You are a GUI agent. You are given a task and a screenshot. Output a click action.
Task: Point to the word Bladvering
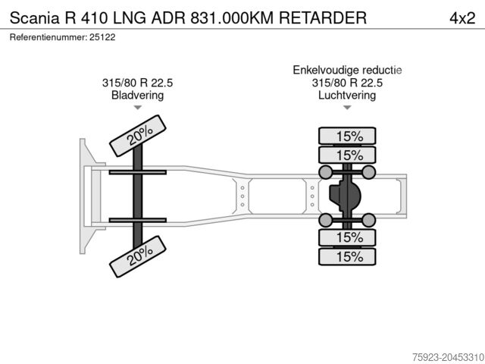(x=137, y=96)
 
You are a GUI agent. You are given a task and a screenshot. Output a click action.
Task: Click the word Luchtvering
(x=347, y=96)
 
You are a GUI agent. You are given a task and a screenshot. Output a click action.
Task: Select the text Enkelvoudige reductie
(x=347, y=71)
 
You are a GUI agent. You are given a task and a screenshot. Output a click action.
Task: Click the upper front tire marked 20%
(x=138, y=136)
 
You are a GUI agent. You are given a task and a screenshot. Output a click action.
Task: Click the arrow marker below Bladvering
(x=137, y=108)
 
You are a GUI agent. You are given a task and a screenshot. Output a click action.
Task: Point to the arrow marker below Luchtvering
(x=347, y=108)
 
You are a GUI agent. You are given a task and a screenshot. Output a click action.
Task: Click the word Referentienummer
(x=48, y=37)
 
